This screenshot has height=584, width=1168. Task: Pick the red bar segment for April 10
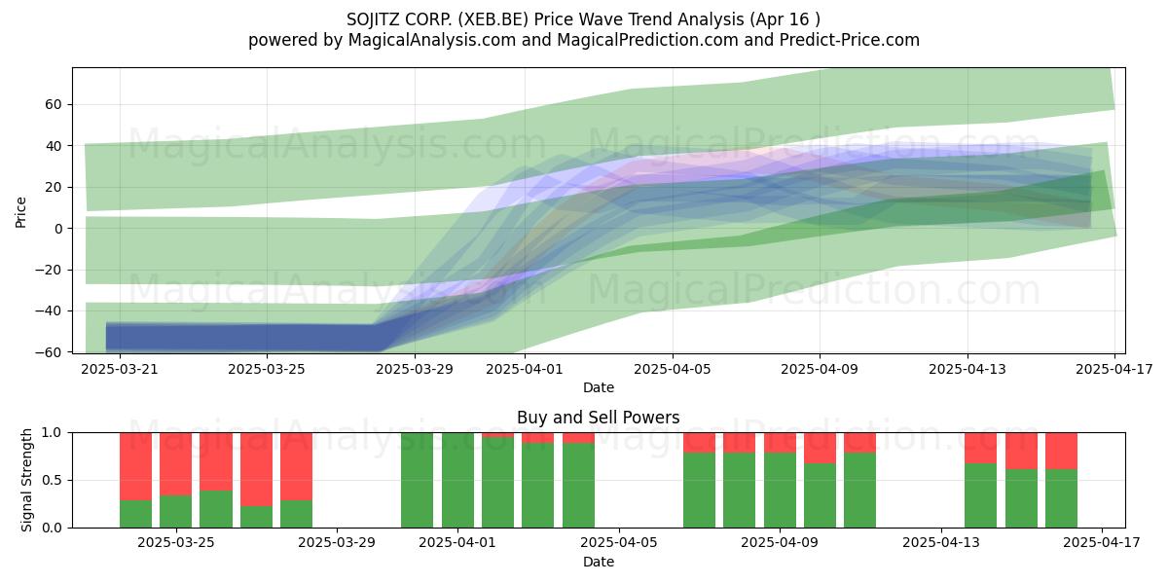[820, 448]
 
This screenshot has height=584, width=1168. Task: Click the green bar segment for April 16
[1061, 498]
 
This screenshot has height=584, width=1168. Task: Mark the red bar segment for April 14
[980, 448]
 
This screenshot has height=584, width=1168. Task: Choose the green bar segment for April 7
[699, 491]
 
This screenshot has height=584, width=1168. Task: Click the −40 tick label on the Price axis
[48, 310]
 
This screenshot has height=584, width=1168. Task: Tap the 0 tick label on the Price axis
[57, 229]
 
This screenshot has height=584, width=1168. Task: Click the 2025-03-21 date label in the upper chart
[120, 369]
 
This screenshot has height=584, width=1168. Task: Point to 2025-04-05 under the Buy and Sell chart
[619, 543]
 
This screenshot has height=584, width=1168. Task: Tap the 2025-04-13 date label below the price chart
[967, 369]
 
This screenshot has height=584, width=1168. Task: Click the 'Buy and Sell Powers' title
[598, 418]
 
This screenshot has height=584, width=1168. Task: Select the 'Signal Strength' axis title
[26, 480]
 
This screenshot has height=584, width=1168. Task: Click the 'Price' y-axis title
[20, 212]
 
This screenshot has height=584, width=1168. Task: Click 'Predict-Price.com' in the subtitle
[850, 40]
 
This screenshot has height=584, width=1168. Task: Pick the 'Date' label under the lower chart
[598, 562]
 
